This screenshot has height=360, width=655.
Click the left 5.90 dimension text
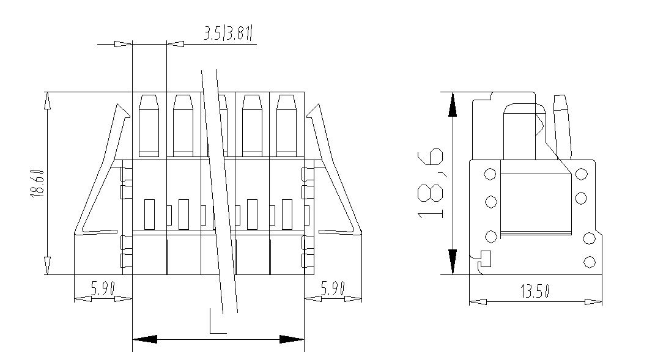click(103, 288)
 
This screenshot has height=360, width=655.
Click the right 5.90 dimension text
click(333, 288)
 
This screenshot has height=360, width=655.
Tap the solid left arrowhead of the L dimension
click(146, 339)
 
